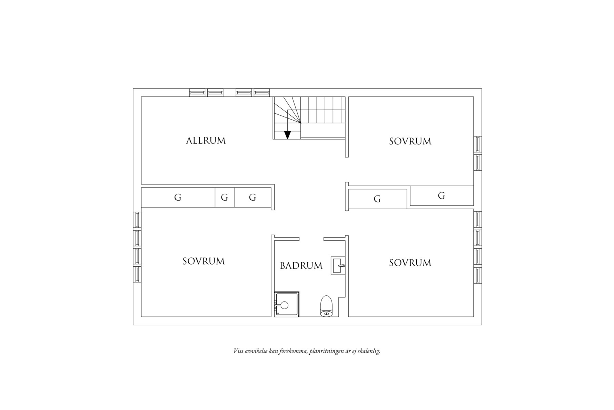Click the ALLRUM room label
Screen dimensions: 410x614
[206, 141]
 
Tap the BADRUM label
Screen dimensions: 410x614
[301, 266]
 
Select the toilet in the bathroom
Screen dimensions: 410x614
[326, 306]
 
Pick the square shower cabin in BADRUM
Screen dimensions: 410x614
[287, 304]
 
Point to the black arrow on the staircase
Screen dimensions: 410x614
[287, 135]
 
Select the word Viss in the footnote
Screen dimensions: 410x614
[238, 351]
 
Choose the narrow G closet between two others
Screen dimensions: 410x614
[225, 197]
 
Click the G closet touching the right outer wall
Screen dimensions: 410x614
[442, 196]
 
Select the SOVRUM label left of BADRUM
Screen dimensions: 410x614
[204, 261]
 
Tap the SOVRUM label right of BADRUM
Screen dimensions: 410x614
[410, 263]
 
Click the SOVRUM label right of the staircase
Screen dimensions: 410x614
[410, 141]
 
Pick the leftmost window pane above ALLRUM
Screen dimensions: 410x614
[197, 93]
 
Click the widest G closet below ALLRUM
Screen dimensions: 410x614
[178, 197]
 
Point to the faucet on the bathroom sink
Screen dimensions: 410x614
[341, 266]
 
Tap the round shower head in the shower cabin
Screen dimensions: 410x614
[285, 305]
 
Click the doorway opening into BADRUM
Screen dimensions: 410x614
[311, 239]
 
